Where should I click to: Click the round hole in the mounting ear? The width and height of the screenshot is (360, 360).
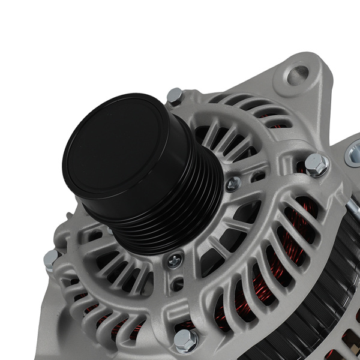(297, 75)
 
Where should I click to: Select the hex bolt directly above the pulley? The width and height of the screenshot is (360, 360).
(175, 95)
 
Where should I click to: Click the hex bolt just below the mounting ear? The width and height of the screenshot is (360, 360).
(316, 164)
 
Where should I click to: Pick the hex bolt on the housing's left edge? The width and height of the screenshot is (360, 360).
(51, 259)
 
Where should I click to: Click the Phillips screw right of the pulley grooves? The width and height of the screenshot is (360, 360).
(233, 184)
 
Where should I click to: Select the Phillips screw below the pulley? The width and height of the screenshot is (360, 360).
(175, 260)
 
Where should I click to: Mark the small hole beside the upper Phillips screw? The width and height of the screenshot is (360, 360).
(252, 178)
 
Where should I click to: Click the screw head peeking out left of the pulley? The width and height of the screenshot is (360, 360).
(110, 230)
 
